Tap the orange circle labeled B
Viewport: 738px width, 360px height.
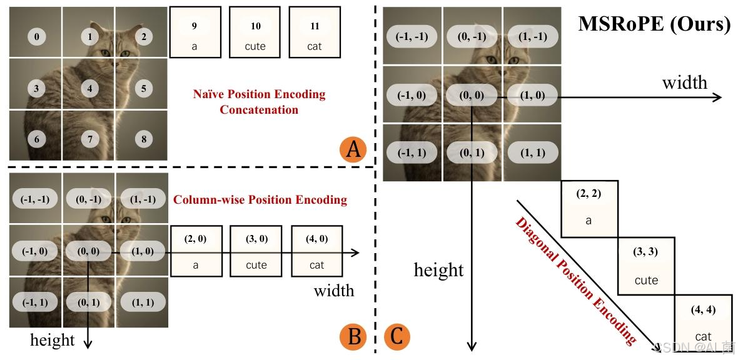(x=354, y=337)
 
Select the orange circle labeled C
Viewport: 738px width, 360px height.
(x=396, y=337)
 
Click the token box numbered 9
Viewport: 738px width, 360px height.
(x=195, y=33)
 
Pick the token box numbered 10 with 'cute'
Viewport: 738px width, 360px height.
(x=255, y=33)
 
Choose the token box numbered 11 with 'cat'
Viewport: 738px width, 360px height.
(x=315, y=33)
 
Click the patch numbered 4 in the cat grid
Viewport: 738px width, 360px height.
(x=89, y=88)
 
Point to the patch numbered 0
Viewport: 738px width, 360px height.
(x=36, y=36)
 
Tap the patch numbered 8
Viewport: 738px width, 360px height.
(x=143, y=139)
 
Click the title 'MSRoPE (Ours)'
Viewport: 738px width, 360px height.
(x=654, y=24)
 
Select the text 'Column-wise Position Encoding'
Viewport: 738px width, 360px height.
(x=260, y=200)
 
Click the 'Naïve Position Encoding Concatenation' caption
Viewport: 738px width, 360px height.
(x=259, y=102)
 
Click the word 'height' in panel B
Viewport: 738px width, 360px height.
(x=53, y=340)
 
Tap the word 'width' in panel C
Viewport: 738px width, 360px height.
(x=685, y=82)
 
